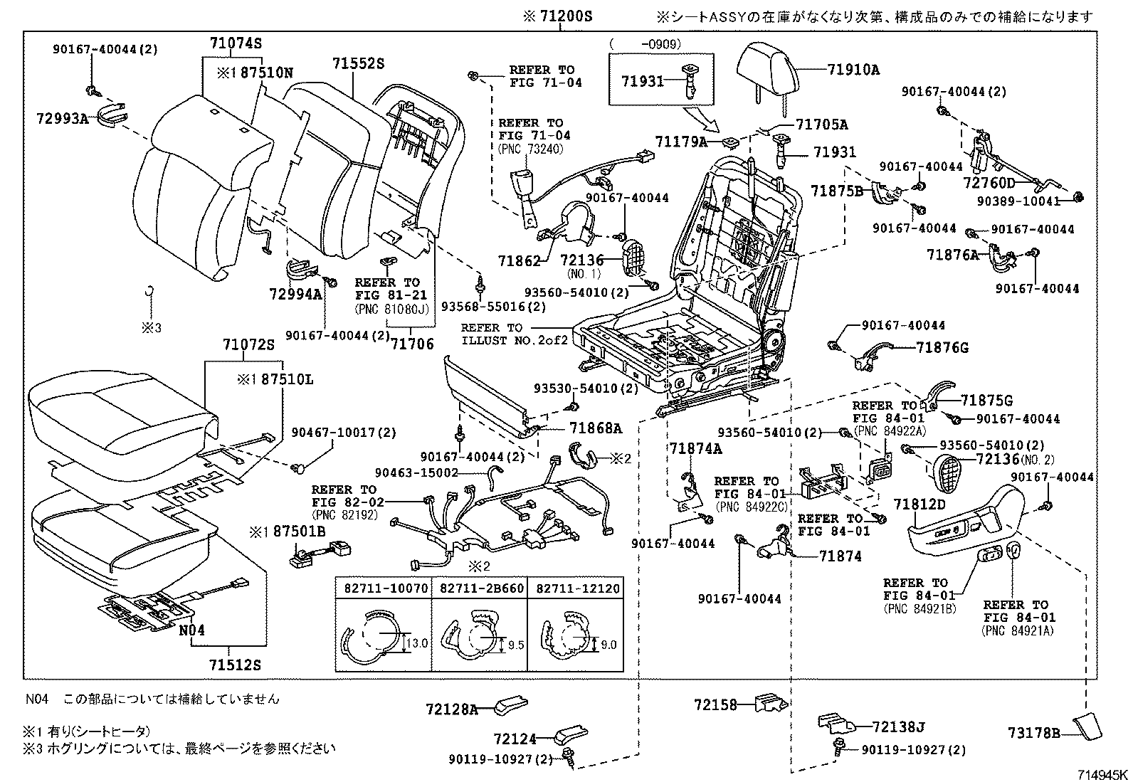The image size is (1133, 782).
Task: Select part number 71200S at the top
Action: coord(557,16)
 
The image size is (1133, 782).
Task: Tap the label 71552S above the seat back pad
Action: coord(358,63)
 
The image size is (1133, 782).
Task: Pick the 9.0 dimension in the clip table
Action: coord(608,645)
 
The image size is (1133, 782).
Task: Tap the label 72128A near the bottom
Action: coord(452,709)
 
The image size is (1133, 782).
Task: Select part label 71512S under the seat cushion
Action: coord(235,666)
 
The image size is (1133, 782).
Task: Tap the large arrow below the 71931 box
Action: coord(704,117)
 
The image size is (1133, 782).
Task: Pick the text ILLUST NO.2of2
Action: coord(515,340)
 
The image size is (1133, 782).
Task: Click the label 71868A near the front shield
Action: coord(595,428)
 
